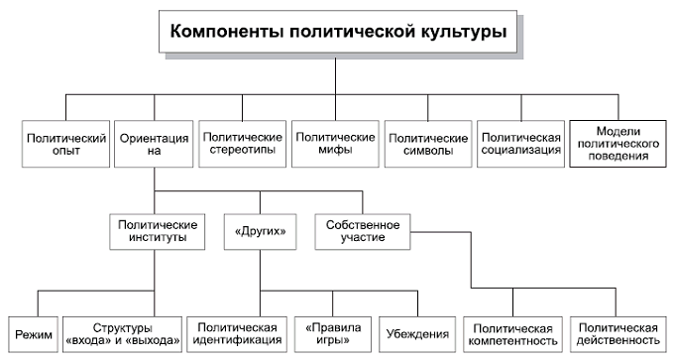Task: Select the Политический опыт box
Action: pyautogui.click(x=64, y=145)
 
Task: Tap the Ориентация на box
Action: pyautogui.click(x=153, y=145)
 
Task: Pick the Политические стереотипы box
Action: pyautogui.click(x=241, y=145)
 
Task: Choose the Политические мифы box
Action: pyautogui.click(x=333, y=145)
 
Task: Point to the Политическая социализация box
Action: pyautogui.click(x=520, y=145)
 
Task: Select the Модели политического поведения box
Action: pyautogui.click(x=618, y=145)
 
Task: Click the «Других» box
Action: pyautogui.click(x=261, y=231)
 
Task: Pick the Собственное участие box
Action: pyautogui.click(x=360, y=231)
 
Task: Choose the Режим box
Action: pyautogui.click(x=35, y=333)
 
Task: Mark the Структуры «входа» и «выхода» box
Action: pyautogui.click(x=124, y=333)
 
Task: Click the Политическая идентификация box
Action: pyautogui.click(x=235, y=333)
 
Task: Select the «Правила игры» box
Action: pyautogui.click(x=333, y=333)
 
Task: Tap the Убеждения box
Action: pyautogui.click(x=414, y=333)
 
